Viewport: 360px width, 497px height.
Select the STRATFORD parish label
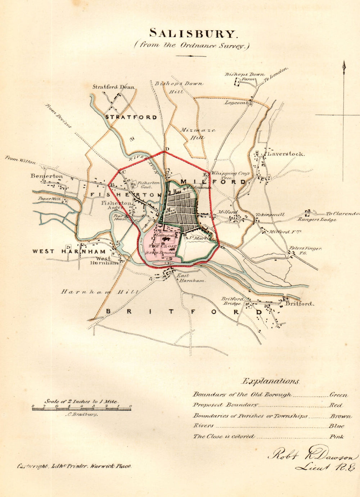point(131,117)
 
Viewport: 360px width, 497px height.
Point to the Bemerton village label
point(46,176)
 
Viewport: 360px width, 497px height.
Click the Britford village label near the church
point(300,304)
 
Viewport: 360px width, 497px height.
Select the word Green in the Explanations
point(339,395)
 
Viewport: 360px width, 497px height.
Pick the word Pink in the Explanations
point(337,437)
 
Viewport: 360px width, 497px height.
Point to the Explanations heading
point(270,381)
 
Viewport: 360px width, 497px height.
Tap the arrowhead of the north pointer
point(343,65)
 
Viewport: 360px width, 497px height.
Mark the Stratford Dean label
point(113,87)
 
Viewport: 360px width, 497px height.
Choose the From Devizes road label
point(58,116)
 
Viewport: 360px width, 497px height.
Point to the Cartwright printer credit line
point(75,466)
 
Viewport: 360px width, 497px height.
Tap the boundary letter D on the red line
point(167,149)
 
